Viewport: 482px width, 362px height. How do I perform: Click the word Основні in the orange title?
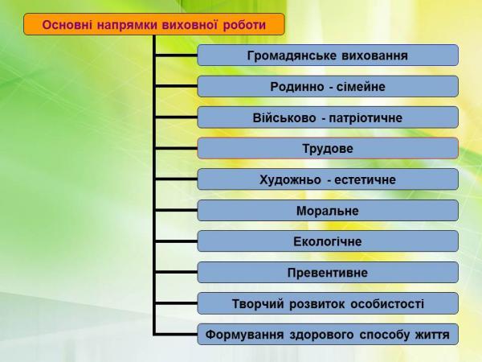(67, 25)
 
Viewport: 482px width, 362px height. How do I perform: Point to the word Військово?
(284, 117)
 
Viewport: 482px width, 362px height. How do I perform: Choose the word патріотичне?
(366, 118)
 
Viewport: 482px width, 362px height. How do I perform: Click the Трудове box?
(328, 148)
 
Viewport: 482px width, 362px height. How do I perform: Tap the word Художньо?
(290, 179)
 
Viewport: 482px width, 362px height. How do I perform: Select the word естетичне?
(365, 179)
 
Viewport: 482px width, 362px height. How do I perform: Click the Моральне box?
(328, 211)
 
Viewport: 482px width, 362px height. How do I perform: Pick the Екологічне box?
(328, 241)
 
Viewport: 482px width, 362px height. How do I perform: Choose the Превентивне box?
(328, 273)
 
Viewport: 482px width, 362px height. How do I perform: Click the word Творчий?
(258, 304)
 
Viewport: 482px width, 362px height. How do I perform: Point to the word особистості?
(387, 304)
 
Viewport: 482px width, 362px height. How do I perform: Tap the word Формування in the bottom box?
(244, 335)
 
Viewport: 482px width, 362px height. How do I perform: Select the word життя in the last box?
(432, 335)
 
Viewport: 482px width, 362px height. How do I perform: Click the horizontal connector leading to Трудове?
(177, 148)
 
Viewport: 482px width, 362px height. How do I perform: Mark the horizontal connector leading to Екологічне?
(177, 241)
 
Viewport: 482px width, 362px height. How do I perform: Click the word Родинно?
(297, 87)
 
